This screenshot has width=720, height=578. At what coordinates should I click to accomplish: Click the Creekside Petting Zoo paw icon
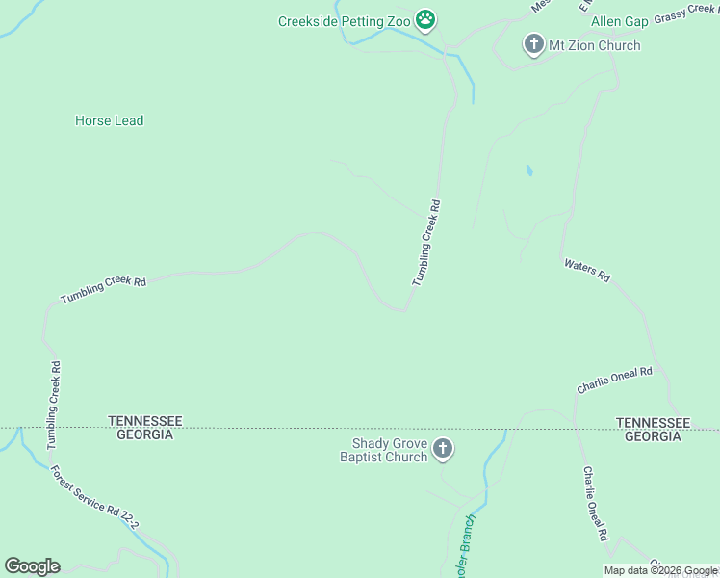click(425, 19)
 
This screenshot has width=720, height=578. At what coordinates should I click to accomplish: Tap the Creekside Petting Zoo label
click(346, 21)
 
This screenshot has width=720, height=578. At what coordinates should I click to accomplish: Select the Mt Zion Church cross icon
click(533, 44)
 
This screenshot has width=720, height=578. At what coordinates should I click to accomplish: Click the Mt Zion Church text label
click(594, 45)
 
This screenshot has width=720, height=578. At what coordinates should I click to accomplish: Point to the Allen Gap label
click(619, 21)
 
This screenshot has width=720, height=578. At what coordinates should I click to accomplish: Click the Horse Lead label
click(109, 120)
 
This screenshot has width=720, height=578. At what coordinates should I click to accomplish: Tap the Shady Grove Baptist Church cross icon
click(443, 448)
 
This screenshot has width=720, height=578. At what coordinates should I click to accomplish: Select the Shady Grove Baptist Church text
click(383, 450)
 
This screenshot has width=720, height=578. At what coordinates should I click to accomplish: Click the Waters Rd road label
click(587, 270)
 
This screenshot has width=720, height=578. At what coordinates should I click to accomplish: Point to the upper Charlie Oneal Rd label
click(615, 379)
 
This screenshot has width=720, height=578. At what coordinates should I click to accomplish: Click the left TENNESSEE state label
click(145, 421)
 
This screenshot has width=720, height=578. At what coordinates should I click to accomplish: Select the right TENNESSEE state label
click(653, 423)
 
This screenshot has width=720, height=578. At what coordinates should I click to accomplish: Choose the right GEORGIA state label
click(653, 436)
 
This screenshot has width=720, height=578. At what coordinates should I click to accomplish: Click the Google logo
click(32, 565)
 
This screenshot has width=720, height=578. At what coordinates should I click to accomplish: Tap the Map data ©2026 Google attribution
click(660, 571)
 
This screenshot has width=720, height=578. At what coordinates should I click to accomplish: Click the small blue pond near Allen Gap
click(528, 171)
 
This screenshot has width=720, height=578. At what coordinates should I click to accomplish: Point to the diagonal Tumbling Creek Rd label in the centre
click(425, 243)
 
